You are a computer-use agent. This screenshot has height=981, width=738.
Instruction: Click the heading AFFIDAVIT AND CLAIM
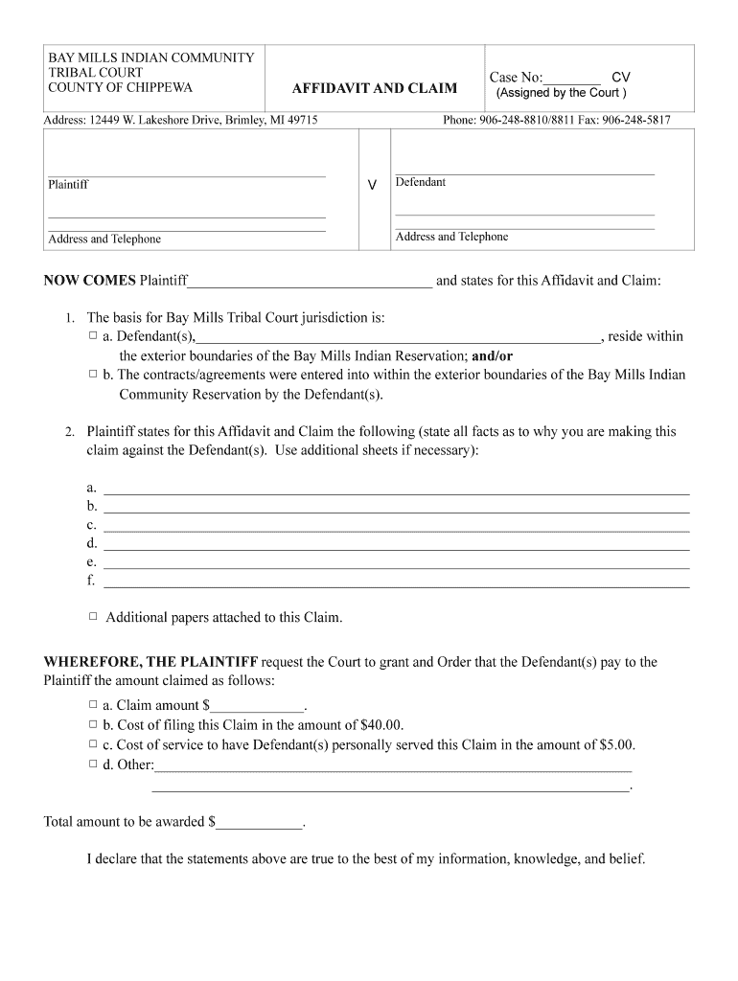coord(374,89)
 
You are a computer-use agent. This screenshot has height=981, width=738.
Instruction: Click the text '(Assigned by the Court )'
coord(561,93)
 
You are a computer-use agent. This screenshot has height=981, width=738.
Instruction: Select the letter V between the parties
coord(372,184)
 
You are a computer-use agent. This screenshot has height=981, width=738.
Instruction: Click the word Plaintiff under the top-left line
coord(68,185)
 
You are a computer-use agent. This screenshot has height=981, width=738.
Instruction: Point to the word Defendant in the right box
coord(421,182)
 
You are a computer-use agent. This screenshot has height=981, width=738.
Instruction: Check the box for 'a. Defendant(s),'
coord(93,336)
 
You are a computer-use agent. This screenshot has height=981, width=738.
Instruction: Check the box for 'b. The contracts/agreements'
coord(93,375)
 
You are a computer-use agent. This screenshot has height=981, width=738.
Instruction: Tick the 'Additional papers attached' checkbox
coord(93,617)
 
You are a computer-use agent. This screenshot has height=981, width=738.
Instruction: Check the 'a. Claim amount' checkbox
coord(93,705)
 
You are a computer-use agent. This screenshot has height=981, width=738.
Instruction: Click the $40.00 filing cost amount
coord(381,725)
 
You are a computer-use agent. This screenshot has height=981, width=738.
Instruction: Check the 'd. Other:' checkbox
coord(93,764)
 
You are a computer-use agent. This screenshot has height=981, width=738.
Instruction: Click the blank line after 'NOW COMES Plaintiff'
coord(311,282)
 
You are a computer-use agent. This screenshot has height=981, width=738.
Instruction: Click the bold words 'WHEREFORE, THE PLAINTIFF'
coord(150,662)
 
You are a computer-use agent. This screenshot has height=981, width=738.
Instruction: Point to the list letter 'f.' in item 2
coord(91,581)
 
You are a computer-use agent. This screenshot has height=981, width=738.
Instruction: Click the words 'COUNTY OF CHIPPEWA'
coord(120,88)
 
